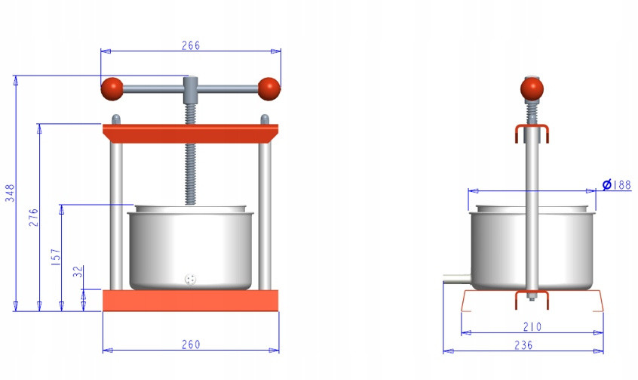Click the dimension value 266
tap(191, 45)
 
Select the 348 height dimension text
tap(10, 193)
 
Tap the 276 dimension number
tap(33, 218)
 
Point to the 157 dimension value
tap(56, 257)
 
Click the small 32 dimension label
tap(78, 271)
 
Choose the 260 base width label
tap(191, 344)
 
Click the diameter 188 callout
tap(617, 184)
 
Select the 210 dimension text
tap(532, 326)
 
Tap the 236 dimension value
tap(523, 345)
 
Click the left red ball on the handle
tap(112, 89)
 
